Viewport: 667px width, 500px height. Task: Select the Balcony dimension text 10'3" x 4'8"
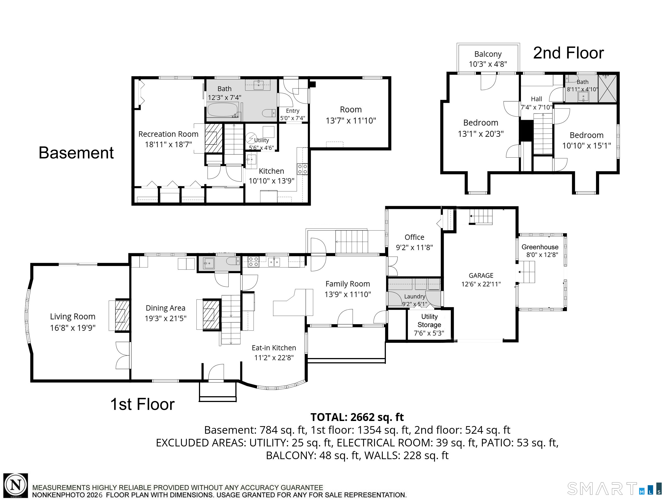point(488,64)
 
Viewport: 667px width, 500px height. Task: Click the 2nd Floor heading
point(568,53)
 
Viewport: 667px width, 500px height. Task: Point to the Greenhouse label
point(540,247)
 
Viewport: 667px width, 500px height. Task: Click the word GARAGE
point(481,275)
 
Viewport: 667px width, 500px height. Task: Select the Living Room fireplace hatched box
point(122,315)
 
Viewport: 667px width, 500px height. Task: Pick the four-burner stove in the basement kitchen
point(302,169)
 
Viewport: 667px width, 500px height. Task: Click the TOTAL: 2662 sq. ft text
point(357,417)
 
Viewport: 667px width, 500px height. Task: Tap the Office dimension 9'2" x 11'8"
point(414,248)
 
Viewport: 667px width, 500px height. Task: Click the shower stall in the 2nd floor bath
point(607,88)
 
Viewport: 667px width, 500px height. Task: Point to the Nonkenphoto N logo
point(16,485)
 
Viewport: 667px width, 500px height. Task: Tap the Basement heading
point(76,153)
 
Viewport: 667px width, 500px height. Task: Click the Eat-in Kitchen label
point(274,348)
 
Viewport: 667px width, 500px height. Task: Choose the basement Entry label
point(293,111)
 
